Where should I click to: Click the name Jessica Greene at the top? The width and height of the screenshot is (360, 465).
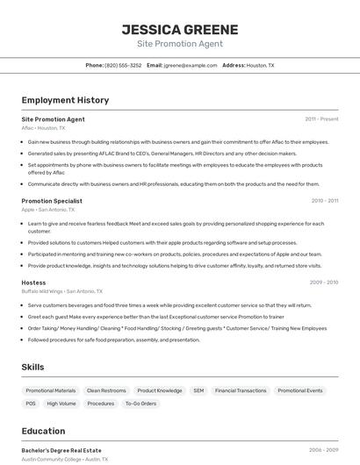tap(179, 29)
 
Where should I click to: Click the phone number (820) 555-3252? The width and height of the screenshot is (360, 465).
tap(123, 65)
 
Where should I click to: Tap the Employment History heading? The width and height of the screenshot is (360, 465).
tap(65, 100)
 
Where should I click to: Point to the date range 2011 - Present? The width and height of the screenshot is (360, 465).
tap(321, 118)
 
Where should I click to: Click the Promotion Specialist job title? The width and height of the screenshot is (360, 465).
tap(52, 200)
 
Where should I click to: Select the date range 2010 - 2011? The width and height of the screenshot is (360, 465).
tap(324, 200)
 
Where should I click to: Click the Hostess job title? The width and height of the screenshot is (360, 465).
tap(33, 283)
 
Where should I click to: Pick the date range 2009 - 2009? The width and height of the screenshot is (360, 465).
tap(323, 283)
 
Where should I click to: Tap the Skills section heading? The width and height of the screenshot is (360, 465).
tap(32, 366)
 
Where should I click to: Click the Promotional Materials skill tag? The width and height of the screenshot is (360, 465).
tap(50, 390)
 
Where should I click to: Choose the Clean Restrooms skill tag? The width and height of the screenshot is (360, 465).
tap(106, 390)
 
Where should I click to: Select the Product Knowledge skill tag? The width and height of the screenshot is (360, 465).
tap(160, 390)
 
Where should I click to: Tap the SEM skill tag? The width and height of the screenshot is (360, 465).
tap(198, 390)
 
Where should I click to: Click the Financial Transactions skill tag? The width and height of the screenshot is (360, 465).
tap(241, 390)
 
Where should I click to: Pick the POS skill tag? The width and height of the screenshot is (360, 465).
tap(31, 404)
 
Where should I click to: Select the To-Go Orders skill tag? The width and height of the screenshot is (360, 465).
tap(140, 404)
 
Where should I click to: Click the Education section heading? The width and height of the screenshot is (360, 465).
tap(43, 432)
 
